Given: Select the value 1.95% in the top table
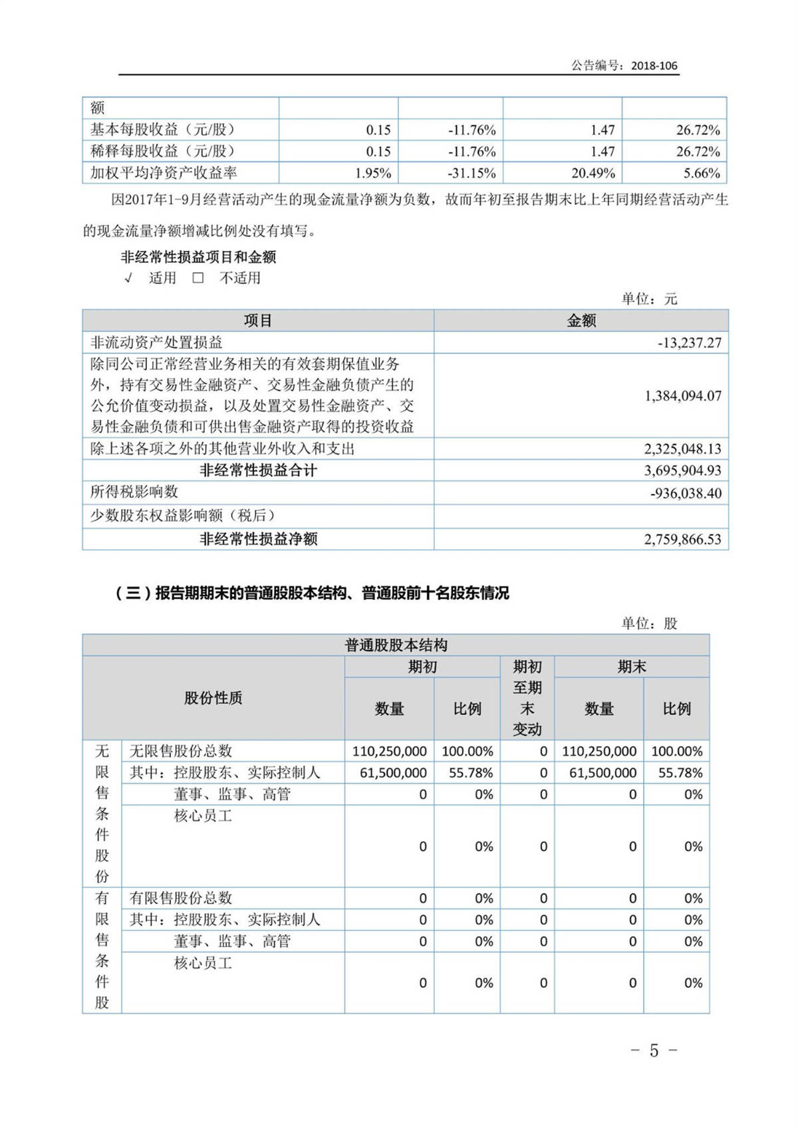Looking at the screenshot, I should (x=373, y=173).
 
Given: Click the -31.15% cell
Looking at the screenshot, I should (x=471, y=173).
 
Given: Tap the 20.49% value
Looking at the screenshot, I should (x=593, y=173).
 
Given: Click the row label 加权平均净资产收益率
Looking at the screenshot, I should (x=164, y=173).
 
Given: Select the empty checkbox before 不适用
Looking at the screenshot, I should (x=198, y=278).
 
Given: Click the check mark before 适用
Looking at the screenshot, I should (x=128, y=278).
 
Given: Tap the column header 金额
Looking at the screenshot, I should (x=581, y=321).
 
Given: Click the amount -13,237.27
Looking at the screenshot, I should (x=690, y=343).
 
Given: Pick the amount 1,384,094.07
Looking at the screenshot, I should (x=683, y=396).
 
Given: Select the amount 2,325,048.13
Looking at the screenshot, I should (x=683, y=449).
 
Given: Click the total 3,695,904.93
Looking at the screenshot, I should (x=683, y=470).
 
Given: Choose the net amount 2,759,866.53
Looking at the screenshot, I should (x=683, y=539).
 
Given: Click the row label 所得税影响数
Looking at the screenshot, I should (x=134, y=492).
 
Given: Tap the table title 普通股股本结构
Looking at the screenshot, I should (x=396, y=645).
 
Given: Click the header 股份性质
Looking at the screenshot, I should (x=213, y=698).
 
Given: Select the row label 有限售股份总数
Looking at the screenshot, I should (x=181, y=898).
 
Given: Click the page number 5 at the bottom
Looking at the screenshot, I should (x=654, y=1050).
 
